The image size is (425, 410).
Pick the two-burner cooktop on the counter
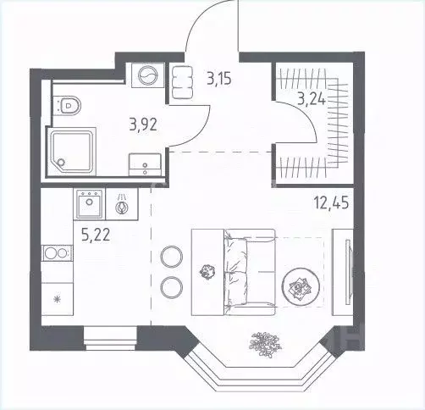pos(56,252)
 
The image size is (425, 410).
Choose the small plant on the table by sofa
pos(204,271)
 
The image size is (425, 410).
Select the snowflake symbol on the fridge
pos(58,300)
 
